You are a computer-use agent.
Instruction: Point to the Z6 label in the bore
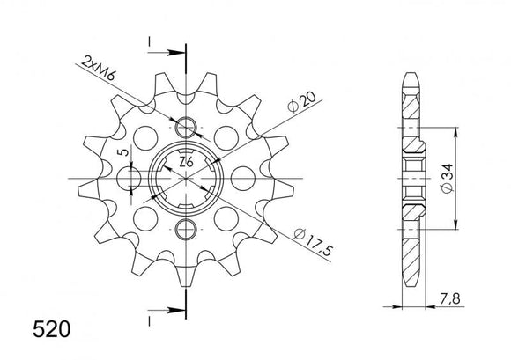pyautogui.click(x=186, y=164)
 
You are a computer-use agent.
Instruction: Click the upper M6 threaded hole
pyautogui.click(x=187, y=125)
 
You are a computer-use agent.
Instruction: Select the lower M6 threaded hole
pyautogui.click(x=187, y=231)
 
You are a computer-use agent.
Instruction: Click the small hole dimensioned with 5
pyautogui.click(x=133, y=178)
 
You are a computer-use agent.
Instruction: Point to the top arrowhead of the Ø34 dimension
pyautogui.click(x=455, y=132)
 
